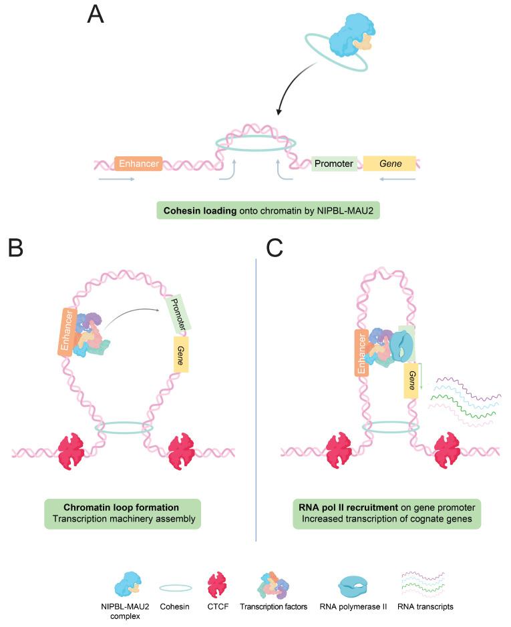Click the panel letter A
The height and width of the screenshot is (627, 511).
96,14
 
